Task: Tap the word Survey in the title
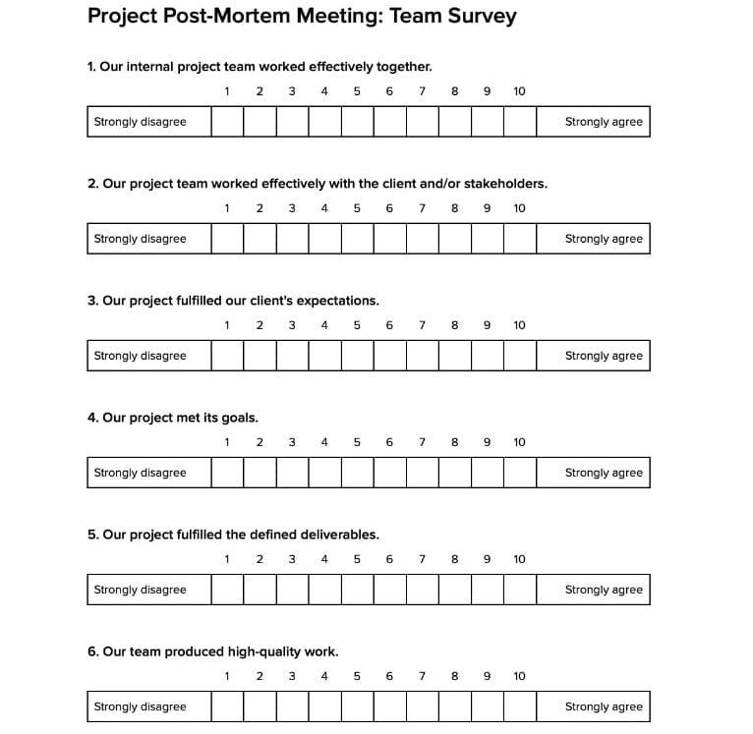[479, 17]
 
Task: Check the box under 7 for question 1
[422, 122]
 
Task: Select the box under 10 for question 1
[519, 122]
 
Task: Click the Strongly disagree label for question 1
[140, 122]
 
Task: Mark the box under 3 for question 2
[292, 239]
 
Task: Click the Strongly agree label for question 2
[603, 239]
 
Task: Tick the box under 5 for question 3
[357, 356]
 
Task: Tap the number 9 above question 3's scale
[487, 325]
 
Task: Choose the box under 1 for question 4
[227, 473]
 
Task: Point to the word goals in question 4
[239, 418]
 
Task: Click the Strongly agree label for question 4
[603, 473]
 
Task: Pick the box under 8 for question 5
[454, 590]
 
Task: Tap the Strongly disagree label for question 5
[140, 590]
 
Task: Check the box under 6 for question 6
[389, 706]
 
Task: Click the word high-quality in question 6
[263, 651]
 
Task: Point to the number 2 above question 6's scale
[260, 676]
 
